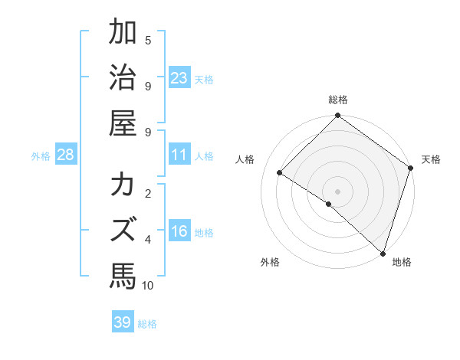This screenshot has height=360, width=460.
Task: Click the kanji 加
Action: tap(123, 33)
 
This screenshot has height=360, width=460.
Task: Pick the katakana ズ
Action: tap(123, 230)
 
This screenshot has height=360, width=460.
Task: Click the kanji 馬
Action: tap(123, 273)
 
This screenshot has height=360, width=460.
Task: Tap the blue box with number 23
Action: tap(179, 78)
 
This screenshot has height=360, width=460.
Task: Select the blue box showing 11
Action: tap(179, 155)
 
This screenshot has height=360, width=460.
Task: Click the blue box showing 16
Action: tap(179, 232)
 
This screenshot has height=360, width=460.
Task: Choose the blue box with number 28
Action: tap(65, 155)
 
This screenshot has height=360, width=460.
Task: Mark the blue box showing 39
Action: tap(122, 322)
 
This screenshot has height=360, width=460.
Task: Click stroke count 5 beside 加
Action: tap(148, 40)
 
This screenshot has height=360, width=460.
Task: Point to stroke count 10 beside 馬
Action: tap(148, 286)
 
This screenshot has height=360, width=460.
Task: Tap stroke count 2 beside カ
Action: tap(148, 193)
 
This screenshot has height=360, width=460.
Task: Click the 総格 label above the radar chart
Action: tap(337, 100)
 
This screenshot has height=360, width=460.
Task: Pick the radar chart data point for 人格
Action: tap(280, 173)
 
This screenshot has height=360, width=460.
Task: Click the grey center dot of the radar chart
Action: tap(337, 190)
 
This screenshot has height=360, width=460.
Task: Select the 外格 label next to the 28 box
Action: tap(41, 156)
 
